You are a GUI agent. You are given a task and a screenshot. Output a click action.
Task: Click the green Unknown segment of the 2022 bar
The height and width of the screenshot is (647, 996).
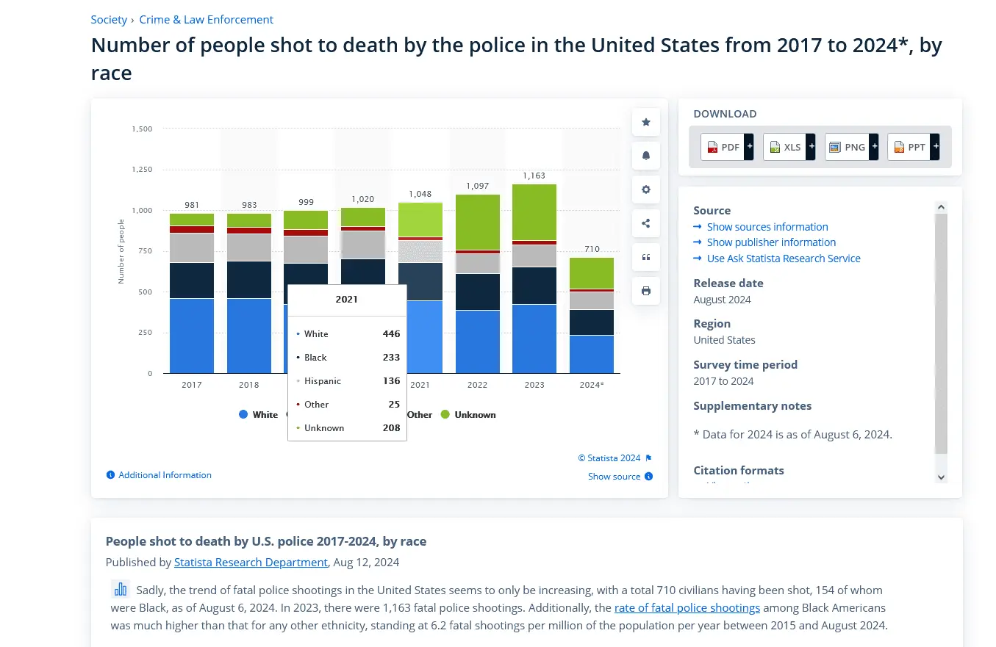click(478, 222)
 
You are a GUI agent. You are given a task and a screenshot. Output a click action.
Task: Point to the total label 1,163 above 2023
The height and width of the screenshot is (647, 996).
click(534, 176)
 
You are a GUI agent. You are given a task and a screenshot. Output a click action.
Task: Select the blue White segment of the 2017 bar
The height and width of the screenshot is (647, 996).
click(192, 336)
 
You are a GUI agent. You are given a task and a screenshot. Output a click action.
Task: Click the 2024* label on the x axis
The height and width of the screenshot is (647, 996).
click(592, 385)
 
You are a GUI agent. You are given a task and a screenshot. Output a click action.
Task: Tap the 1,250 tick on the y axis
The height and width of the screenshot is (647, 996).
click(142, 170)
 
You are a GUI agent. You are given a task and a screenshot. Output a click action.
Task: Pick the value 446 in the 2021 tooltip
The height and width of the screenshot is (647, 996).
click(391, 334)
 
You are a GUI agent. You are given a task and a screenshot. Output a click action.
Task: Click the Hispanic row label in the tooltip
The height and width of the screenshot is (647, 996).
click(323, 381)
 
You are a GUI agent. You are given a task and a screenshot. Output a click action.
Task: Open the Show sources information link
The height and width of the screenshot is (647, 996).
click(767, 227)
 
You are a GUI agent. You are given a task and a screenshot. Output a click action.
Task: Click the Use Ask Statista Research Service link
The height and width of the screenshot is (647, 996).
click(783, 259)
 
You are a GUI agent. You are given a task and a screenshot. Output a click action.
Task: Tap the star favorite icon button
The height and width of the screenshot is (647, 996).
click(646, 122)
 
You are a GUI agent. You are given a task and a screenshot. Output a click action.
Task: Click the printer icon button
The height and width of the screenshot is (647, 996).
click(646, 291)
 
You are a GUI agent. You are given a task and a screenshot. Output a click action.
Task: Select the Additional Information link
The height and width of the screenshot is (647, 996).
click(165, 475)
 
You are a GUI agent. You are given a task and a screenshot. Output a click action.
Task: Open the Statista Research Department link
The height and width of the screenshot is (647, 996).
click(251, 563)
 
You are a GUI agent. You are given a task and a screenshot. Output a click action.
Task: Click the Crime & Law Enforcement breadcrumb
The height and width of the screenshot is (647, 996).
click(206, 20)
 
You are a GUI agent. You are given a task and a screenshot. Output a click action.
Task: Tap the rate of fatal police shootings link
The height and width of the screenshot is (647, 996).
click(687, 608)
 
